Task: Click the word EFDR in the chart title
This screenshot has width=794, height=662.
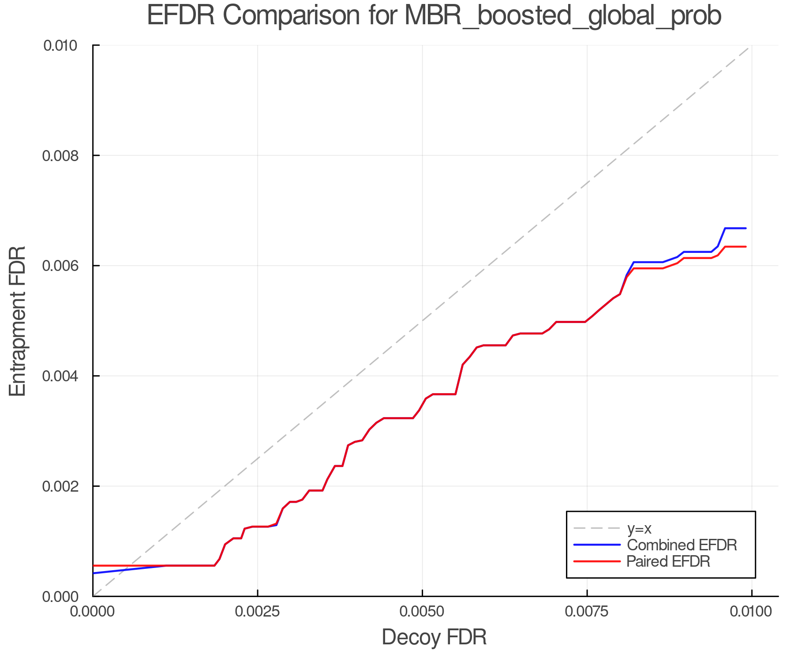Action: click(181, 15)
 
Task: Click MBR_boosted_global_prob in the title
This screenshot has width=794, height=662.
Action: click(562, 16)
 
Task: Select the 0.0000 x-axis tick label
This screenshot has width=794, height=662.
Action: click(93, 612)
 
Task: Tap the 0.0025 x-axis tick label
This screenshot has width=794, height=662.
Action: click(258, 612)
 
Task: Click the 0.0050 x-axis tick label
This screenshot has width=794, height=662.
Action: click(422, 612)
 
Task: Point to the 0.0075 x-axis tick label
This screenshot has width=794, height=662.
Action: click(587, 612)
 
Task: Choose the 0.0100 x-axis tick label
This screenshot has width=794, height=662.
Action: click(752, 612)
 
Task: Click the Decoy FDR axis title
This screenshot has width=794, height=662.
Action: click(434, 637)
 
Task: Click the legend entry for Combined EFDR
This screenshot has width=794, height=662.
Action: click(682, 545)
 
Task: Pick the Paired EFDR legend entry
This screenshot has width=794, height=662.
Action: click(668, 561)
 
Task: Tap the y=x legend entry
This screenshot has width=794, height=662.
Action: click(639, 529)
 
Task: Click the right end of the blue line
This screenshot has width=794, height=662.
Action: click(745, 228)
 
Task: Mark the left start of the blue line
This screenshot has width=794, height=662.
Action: click(94, 573)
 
